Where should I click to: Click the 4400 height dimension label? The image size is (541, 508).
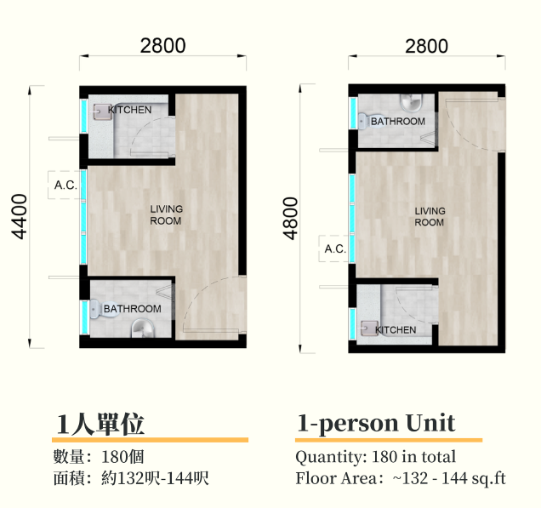[20, 216]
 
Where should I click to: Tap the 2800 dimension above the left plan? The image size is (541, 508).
[162, 46]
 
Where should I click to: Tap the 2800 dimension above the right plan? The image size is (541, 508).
[426, 46]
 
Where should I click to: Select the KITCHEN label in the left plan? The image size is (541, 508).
[130, 110]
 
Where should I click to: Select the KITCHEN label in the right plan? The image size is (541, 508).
[396, 330]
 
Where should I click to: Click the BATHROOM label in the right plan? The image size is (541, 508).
[397, 122]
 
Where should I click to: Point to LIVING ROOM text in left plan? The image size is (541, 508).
[166, 215]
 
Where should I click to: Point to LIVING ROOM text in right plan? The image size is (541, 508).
[430, 217]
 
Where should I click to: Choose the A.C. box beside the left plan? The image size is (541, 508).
[65, 185]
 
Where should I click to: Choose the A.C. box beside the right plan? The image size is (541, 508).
[334, 249]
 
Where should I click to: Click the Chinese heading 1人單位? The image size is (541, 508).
[100, 423]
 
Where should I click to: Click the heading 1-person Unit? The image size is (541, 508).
[376, 423]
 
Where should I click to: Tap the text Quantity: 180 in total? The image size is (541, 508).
[375, 457]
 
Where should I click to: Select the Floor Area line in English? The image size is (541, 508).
[400, 478]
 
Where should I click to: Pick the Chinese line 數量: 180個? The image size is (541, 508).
[98, 457]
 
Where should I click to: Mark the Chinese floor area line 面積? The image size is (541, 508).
[130, 478]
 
